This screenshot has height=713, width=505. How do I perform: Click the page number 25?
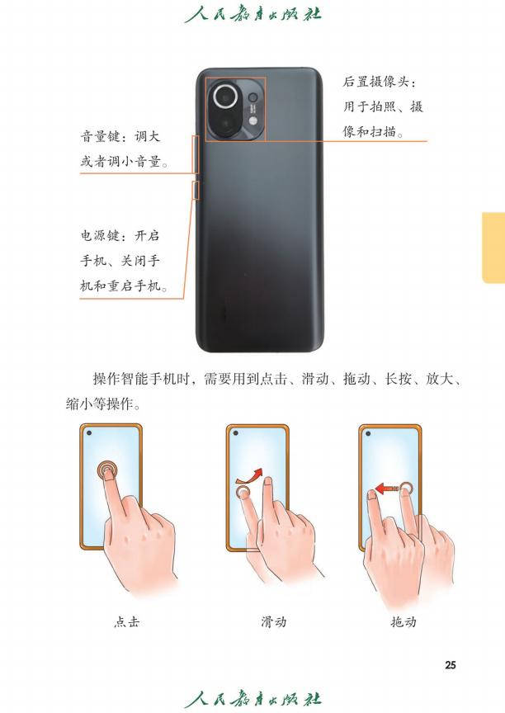click(x=450, y=665)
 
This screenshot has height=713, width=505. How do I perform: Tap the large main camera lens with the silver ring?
click(x=225, y=97)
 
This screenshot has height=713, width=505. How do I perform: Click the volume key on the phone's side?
click(x=196, y=153)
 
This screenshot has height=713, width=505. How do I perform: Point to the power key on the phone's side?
click(x=196, y=190)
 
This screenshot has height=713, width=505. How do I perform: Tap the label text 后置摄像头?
click(x=376, y=82)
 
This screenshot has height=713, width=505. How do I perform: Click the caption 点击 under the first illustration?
click(x=126, y=621)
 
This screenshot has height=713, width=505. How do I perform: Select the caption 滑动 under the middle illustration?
click(x=274, y=621)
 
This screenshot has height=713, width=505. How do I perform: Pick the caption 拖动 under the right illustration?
click(x=404, y=621)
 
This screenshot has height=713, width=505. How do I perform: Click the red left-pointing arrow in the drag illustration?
click(x=387, y=489)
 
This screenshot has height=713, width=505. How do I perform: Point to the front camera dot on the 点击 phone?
click(x=89, y=432)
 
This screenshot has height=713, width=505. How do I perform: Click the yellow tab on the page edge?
click(x=493, y=248)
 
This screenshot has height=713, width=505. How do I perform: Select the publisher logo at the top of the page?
click(x=253, y=13)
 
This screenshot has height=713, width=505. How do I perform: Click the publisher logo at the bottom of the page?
click(x=253, y=699)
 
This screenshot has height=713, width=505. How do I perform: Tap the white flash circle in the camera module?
click(x=253, y=120)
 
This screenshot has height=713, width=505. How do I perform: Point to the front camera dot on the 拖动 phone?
click(x=368, y=432)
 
